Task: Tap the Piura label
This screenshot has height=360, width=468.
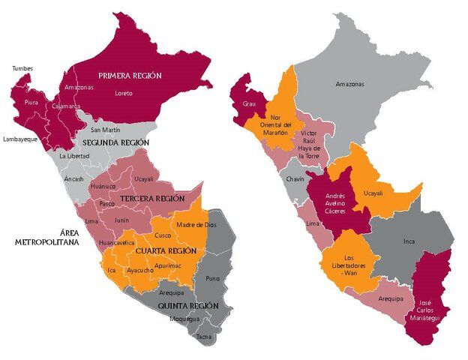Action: (x=31, y=102)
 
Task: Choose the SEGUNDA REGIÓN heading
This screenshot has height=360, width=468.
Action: (x=115, y=142)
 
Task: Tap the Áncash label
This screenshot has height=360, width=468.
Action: (x=74, y=179)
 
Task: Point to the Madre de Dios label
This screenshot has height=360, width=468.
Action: (x=197, y=224)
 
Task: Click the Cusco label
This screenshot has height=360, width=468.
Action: (x=163, y=236)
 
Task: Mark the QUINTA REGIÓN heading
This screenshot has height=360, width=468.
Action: (x=187, y=306)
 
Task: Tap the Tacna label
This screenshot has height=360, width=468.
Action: (x=204, y=337)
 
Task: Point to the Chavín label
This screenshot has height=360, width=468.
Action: (x=294, y=180)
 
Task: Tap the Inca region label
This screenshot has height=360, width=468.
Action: (x=409, y=241)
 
